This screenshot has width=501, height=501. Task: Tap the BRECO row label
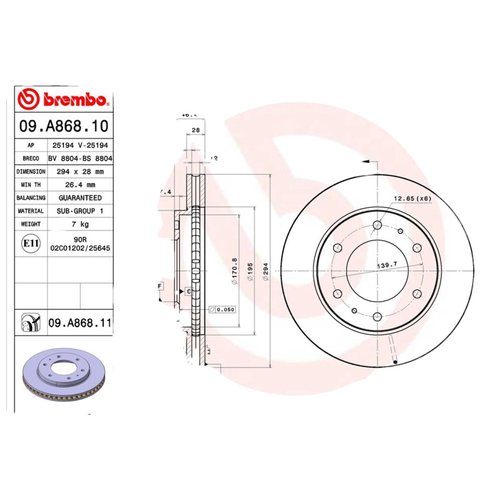click(x=31, y=158)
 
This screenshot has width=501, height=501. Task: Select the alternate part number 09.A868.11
click(x=80, y=323)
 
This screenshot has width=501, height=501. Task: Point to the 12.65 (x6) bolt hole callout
click(x=412, y=199)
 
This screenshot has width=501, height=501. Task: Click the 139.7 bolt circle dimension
click(x=387, y=266)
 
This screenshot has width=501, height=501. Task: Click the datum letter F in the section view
click(x=160, y=286)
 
